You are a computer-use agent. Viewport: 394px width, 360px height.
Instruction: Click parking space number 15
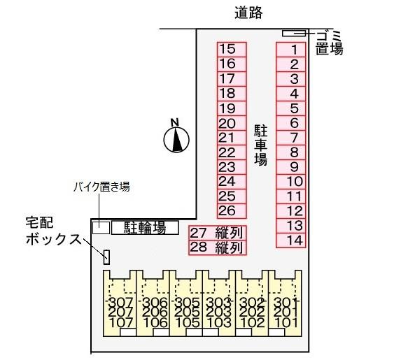(232, 50)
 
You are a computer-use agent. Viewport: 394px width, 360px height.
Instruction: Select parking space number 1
(290, 50)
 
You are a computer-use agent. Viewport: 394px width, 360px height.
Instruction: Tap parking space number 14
(290, 240)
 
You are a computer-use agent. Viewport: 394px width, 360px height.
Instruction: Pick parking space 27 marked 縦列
(218, 233)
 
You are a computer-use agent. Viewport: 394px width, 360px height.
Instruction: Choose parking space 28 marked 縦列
(218, 247)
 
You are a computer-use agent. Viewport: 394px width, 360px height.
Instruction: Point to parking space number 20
(232, 123)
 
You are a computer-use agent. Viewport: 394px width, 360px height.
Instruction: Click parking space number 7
(290, 138)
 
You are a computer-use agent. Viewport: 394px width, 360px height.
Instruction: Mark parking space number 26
(232, 211)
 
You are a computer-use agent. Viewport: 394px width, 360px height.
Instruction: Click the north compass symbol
(176, 137)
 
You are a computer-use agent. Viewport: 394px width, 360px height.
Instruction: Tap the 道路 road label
(248, 13)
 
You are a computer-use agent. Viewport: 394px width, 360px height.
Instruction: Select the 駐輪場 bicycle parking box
(145, 228)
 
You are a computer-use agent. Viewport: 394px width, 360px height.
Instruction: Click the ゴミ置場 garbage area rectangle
(294, 33)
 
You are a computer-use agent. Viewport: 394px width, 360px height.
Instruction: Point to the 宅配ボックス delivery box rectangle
(107, 257)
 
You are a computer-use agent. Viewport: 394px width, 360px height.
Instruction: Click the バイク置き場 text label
(101, 187)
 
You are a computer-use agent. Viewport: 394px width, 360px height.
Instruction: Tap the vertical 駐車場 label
(261, 145)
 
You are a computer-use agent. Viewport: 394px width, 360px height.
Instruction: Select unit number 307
(120, 302)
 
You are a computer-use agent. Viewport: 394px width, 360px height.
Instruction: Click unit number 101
(286, 323)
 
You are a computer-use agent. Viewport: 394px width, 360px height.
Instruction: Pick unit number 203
(218, 312)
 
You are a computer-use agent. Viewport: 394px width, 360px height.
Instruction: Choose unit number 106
(155, 323)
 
